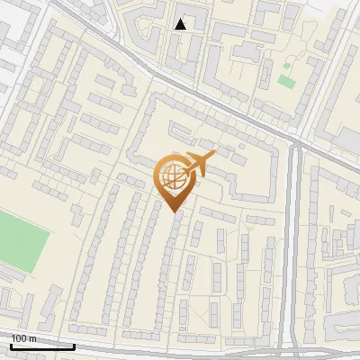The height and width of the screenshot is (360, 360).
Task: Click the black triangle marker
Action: pyautogui.click(x=181, y=24)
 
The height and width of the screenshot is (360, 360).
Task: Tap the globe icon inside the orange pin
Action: pyautogui.click(x=172, y=177)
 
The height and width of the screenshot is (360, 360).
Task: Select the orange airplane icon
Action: pyautogui.click(x=196, y=164)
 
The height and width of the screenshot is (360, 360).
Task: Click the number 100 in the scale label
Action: pyautogui.click(x=19, y=338)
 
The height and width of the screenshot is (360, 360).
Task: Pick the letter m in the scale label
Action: pyautogui.click(x=31, y=338)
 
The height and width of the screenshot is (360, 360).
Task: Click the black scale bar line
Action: pyautogui.click(x=41, y=346)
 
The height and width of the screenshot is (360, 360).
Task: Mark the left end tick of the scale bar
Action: pyautogui.click(x=11, y=345)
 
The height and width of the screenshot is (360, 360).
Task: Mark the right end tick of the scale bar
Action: pyautogui.click(x=74, y=345)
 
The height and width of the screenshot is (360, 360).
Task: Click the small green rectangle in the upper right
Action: pyautogui.click(x=287, y=82)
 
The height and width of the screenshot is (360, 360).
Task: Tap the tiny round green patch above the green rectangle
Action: pyautogui.click(x=287, y=66)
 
